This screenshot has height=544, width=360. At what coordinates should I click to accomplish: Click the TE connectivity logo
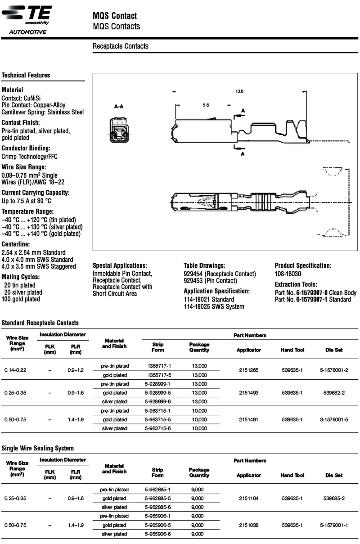(27, 14)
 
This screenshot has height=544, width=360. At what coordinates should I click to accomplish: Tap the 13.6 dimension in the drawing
(239, 91)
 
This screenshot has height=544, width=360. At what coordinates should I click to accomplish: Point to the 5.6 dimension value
(206, 105)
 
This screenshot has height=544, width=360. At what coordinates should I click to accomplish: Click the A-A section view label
(119, 107)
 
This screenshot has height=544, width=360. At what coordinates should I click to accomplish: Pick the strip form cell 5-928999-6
(158, 401)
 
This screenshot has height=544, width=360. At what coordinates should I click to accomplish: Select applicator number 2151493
(249, 392)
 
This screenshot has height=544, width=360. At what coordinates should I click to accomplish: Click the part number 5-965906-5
(158, 525)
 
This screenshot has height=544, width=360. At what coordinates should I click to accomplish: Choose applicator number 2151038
(249, 525)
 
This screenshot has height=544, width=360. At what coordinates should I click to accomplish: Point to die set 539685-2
(334, 498)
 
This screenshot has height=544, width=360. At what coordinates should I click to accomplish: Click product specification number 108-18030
(288, 274)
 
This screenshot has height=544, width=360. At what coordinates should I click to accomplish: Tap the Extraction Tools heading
(296, 284)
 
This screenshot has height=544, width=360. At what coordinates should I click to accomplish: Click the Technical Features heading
(26, 75)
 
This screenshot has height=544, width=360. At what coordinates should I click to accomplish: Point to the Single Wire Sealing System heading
(38, 448)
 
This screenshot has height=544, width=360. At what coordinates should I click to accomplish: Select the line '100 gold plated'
(21, 299)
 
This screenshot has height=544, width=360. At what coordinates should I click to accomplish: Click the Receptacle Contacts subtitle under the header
(120, 46)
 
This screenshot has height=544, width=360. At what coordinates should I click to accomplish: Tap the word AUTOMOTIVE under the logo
(27, 32)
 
